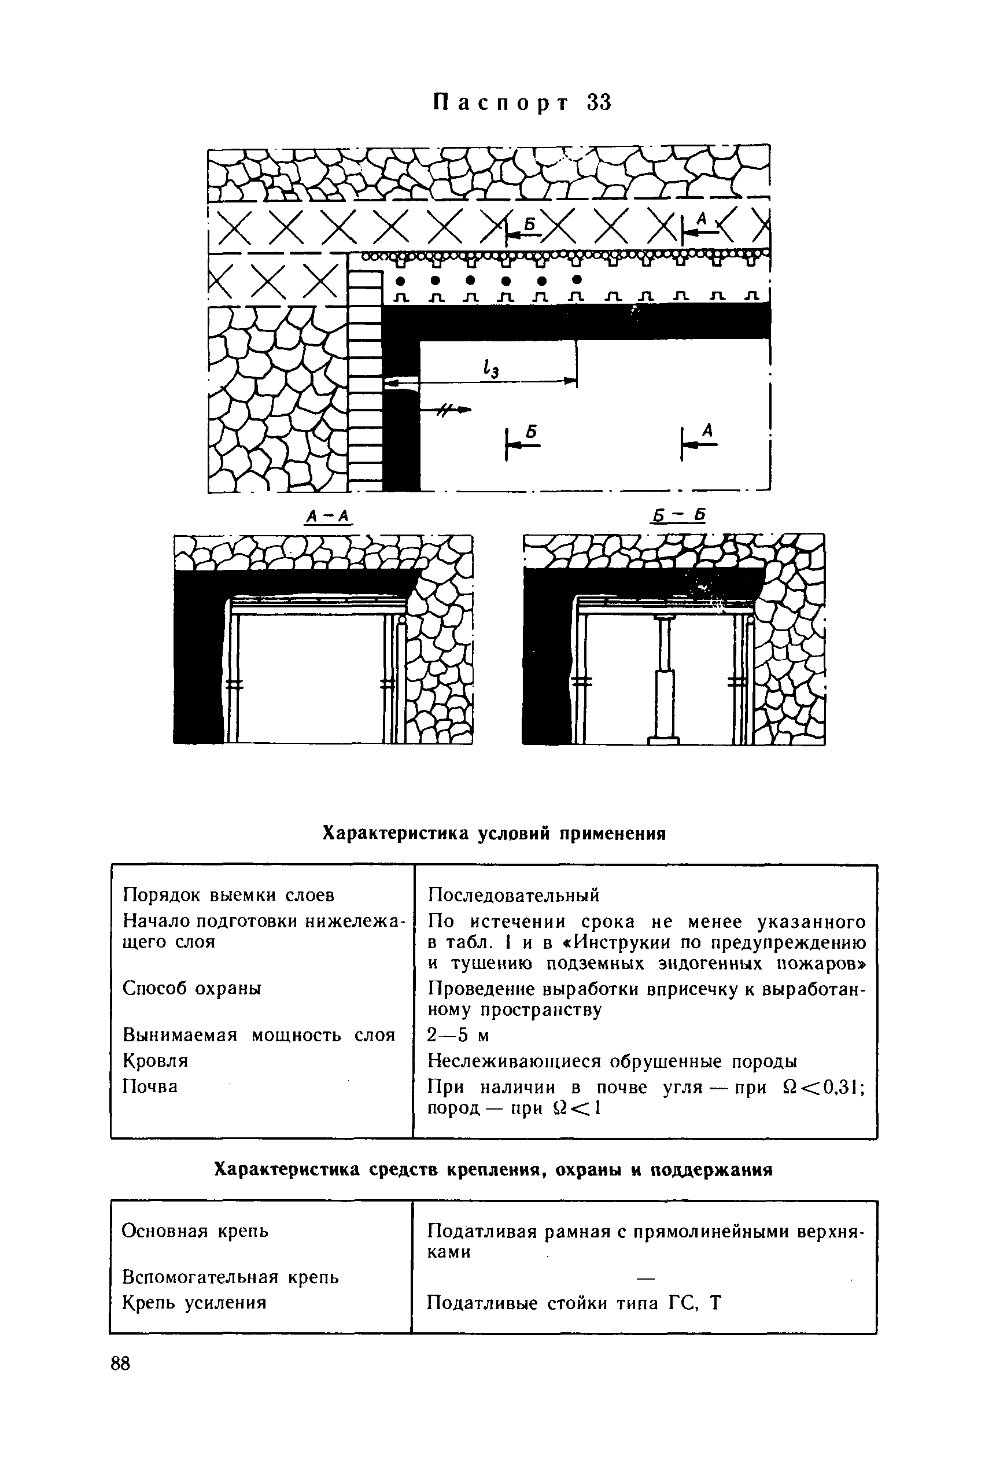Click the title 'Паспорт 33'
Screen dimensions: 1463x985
[521, 102]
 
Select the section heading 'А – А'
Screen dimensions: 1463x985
[326, 517]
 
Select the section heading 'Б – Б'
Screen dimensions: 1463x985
[678, 516]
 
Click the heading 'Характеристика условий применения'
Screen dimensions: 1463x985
[493, 834]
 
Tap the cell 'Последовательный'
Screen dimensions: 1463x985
[513, 894]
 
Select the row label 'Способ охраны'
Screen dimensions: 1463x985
[191, 988]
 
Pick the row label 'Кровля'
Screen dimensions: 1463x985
[155, 1060]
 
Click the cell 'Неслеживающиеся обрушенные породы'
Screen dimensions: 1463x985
[612, 1061]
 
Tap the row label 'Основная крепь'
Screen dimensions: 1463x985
[195, 1230]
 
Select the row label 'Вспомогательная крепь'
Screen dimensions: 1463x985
[230, 1277]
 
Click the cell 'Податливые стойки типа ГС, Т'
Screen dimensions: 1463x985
[574, 1303]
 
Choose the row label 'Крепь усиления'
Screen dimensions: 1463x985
[194, 1303]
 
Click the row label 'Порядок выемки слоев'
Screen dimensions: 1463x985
[228, 894]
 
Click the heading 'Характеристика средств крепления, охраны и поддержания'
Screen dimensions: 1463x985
[493, 1170]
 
